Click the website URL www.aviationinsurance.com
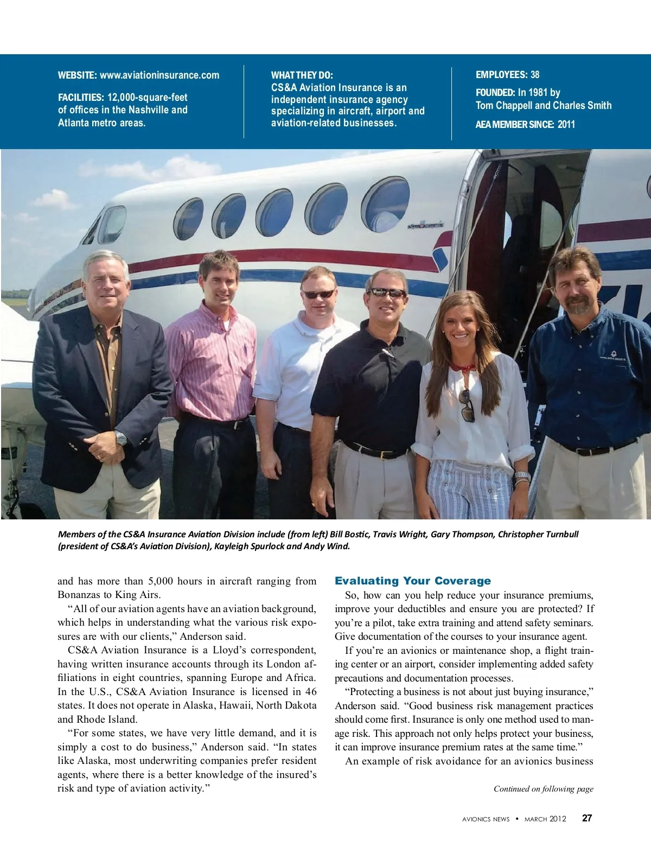tap(159, 75)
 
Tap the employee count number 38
tap(535, 75)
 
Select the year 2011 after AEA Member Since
tap(566, 124)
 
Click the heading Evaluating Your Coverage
tap(413, 581)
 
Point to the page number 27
tap(587, 818)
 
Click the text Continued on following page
tap(543, 789)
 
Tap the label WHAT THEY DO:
tap(302, 75)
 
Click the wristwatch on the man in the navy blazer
tap(121, 438)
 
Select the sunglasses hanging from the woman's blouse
tap(467, 406)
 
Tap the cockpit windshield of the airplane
tap(108, 225)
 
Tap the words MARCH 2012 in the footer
tap(545, 819)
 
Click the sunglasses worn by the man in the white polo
tap(318, 294)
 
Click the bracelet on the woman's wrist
tap(522, 477)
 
